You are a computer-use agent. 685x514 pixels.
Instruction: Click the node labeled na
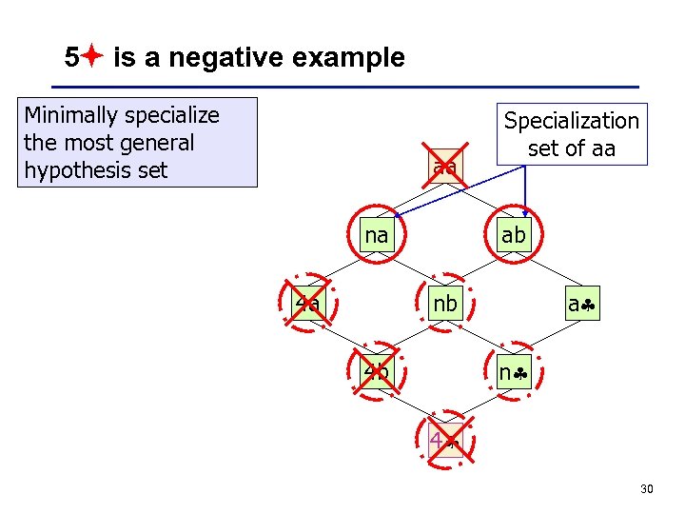pos(378,234)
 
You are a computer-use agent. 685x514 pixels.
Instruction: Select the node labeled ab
pos(513,235)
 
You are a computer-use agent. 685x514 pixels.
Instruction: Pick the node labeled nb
pos(444,304)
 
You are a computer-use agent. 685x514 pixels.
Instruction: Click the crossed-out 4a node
pos(307,304)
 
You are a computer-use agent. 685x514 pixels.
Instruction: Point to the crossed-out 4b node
pos(377,371)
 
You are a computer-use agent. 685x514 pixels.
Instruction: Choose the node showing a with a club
pos(581,305)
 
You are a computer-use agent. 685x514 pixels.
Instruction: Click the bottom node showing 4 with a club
pos(443,440)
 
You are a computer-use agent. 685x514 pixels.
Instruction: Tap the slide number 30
pos(647,489)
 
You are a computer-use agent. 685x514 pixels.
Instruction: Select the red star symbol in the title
pos(91,58)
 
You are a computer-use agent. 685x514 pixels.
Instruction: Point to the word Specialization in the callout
pos(571,121)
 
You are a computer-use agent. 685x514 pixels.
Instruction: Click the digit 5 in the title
pos(71,58)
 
